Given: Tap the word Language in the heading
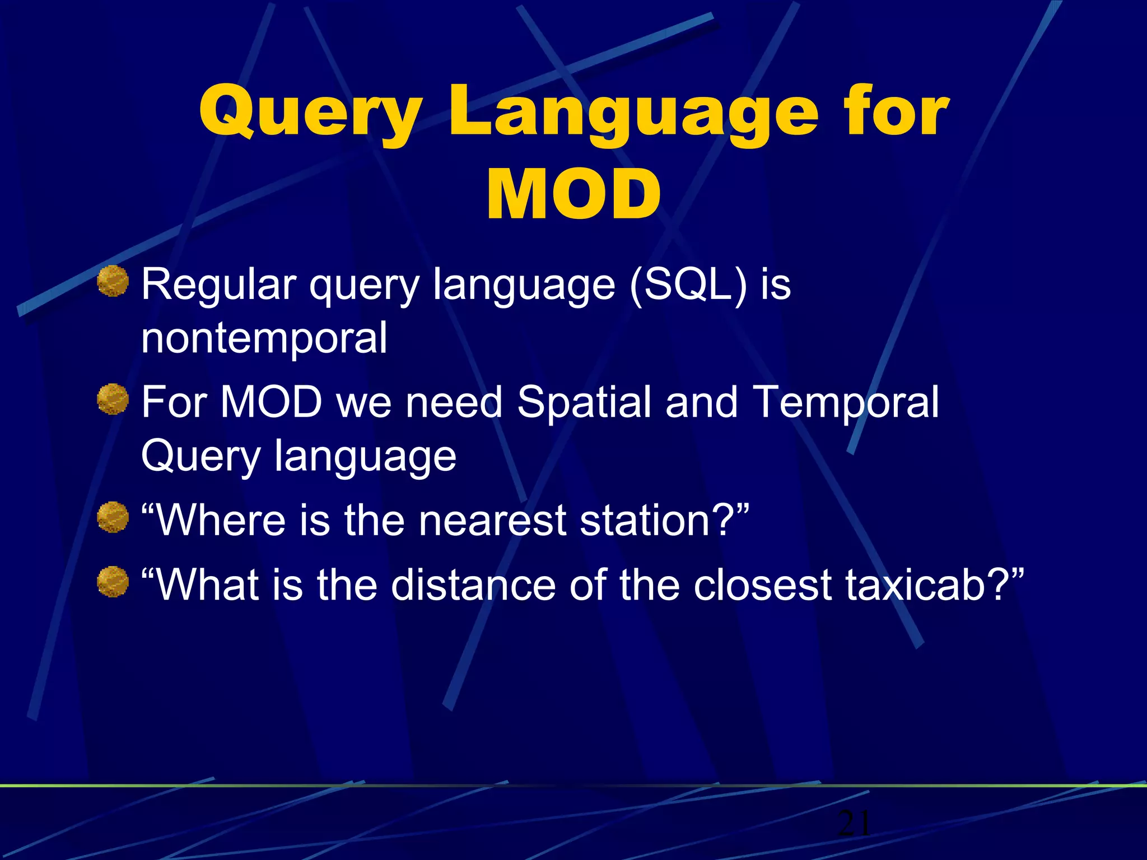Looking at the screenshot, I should (x=633, y=115).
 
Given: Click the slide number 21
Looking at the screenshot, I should (x=854, y=823).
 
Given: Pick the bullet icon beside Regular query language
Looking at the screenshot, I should (x=113, y=281).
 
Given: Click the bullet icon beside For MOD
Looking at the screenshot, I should (x=113, y=399).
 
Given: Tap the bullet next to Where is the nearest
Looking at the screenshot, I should (x=113, y=517).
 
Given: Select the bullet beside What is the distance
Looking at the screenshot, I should (x=113, y=582).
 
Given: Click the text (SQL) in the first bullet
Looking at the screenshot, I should (x=688, y=284).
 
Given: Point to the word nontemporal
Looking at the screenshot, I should (x=264, y=338).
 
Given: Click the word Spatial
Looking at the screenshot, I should (x=584, y=402).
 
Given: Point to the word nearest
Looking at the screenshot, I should (x=493, y=520).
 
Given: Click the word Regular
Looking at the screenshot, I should (x=218, y=284).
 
